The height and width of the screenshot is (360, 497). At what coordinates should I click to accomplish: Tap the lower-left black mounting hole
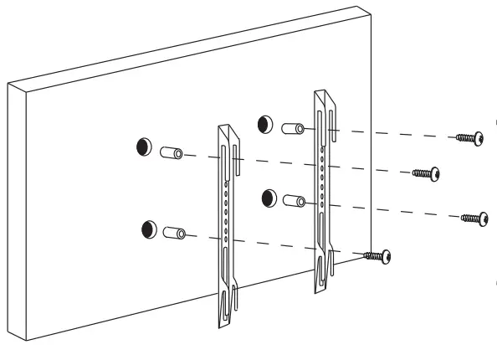click(150, 227)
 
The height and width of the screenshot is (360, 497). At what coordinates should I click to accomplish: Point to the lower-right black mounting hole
click(269, 198)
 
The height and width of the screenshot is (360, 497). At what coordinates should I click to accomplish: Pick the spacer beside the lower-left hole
click(176, 233)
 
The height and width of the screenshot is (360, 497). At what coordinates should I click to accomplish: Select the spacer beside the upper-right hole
click(293, 130)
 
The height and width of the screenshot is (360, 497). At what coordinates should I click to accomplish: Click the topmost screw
click(468, 136)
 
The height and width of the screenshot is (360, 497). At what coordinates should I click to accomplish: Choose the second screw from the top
click(427, 173)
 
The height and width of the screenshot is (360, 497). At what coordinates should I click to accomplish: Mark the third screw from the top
click(474, 218)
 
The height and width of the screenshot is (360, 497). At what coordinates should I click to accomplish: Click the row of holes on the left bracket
click(225, 209)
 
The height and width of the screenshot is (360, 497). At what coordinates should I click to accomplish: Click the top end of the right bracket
click(324, 95)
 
